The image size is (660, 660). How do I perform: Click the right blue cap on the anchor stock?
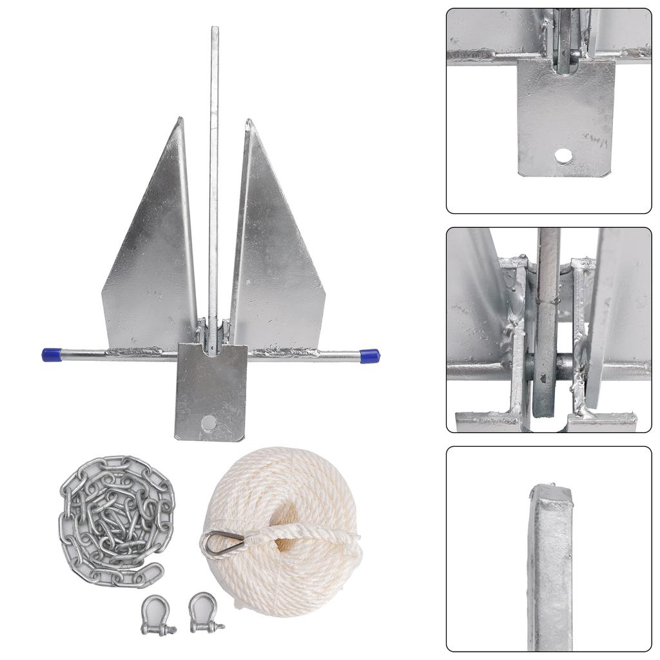click(369, 356)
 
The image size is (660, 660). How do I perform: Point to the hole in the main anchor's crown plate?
click(208, 422)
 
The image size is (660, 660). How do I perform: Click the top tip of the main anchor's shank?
click(215, 30)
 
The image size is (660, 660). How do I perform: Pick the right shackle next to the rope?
click(205, 611)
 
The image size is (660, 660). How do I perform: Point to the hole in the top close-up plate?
click(563, 155)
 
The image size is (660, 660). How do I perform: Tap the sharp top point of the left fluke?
click(181, 119)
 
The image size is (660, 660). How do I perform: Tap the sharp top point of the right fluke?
click(247, 121)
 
